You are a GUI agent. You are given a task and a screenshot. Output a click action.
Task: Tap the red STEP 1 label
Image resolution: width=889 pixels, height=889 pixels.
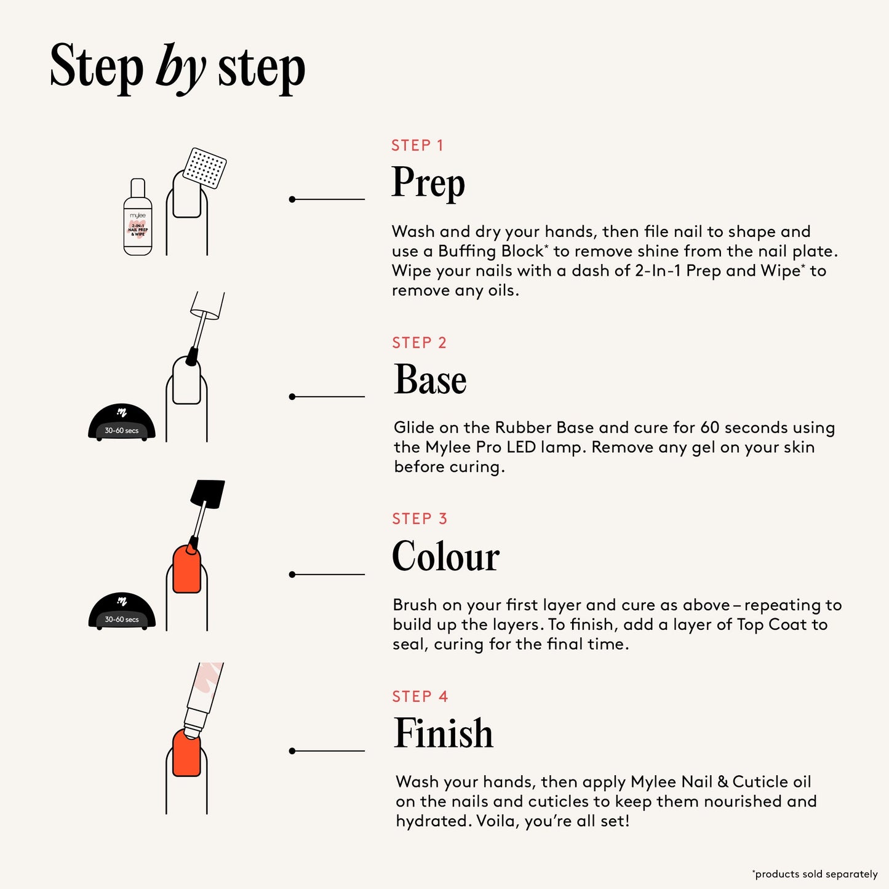click(417, 146)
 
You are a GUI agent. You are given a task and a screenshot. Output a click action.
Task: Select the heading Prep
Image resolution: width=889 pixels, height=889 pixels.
click(428, 183)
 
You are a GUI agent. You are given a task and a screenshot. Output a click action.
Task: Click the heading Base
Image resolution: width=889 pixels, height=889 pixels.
click(430, 380)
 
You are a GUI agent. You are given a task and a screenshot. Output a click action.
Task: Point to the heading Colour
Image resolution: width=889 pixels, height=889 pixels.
click(445, 556)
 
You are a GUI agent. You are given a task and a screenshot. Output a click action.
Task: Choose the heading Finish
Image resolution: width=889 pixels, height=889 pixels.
click(443, 733)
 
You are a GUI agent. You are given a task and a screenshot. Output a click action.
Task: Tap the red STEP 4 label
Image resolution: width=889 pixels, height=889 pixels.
click(420, 696)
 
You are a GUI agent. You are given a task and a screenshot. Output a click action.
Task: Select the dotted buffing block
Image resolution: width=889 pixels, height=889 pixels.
click(205, 167)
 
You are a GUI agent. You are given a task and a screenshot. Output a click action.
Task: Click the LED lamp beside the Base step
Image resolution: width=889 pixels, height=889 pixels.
click(122, 423)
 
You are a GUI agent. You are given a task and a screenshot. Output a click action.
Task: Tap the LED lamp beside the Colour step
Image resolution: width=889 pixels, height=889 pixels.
click(122, 612)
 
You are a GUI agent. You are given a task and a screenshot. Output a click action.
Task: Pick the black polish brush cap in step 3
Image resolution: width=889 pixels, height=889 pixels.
click(207, 494)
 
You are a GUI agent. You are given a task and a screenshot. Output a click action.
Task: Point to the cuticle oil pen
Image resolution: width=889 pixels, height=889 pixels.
click(203, 695)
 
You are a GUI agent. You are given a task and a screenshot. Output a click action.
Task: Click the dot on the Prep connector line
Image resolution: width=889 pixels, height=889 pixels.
click(292, 199)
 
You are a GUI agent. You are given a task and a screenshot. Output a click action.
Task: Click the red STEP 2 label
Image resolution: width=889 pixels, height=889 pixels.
click(419, 343)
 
